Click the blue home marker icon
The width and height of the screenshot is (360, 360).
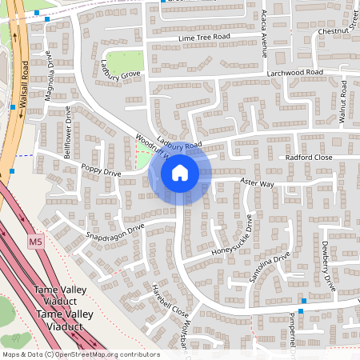180,172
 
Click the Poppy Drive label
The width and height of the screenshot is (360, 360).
101,171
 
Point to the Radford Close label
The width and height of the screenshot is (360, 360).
309,158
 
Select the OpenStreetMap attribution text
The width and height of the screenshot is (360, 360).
81,354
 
